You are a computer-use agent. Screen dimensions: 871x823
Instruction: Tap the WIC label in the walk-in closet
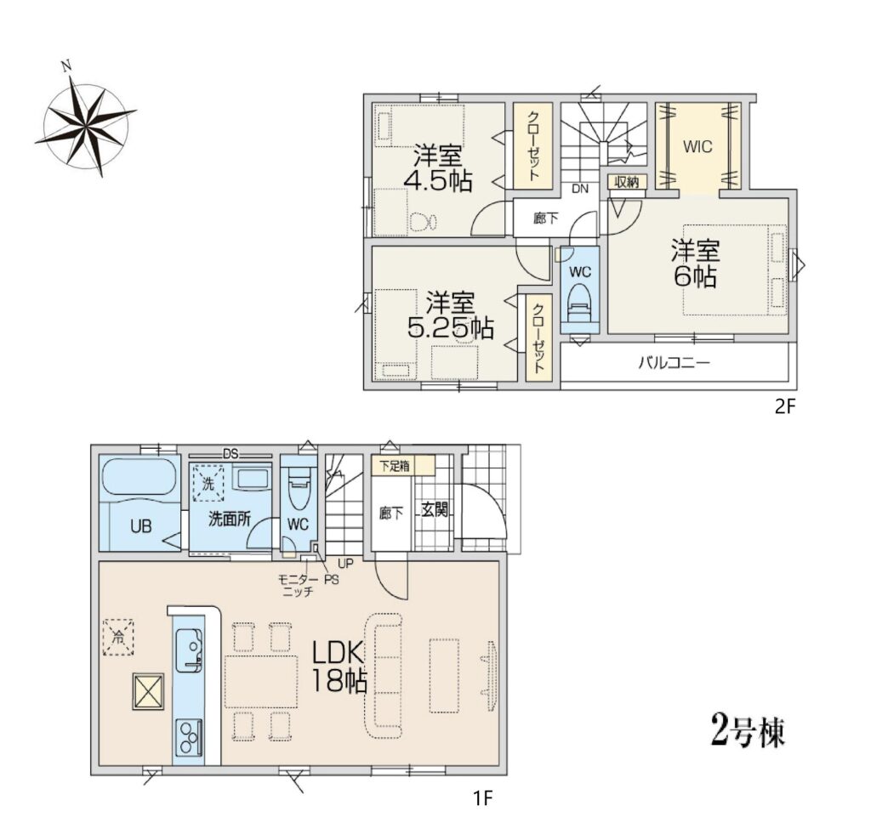click(697, 146)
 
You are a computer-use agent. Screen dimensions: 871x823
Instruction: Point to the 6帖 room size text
click(696, 276)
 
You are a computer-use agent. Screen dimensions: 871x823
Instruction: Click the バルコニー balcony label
click(674, 363)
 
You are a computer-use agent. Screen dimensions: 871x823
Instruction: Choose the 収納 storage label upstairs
click(627, 182)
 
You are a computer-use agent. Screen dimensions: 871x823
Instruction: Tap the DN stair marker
click(580, 189)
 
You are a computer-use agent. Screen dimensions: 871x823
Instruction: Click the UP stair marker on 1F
click(345, 564)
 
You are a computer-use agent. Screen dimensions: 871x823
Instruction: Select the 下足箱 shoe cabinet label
click(395, 466)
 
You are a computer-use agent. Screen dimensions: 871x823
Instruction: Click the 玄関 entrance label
click(435, 508)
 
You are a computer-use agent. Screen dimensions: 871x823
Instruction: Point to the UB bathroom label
click(140, 526)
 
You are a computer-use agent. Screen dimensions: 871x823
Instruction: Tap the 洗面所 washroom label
click(230, 519)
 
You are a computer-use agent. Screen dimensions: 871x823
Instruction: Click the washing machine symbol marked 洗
click(208, 483)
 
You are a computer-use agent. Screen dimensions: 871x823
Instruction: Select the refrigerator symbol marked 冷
click(117, 638)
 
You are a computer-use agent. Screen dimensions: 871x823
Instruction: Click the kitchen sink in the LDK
click(188, 650)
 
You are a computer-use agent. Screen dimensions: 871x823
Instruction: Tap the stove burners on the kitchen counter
click(189, 737)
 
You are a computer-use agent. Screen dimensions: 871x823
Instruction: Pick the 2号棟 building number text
click(749, 731)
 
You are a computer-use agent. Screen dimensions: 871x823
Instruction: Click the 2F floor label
click(785, 407)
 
